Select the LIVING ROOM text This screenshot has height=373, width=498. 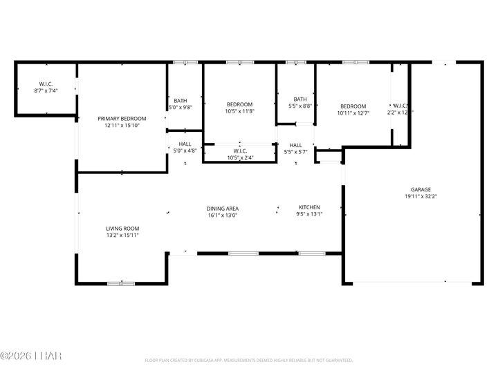(122, 229)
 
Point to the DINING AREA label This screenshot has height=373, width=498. (222, 208)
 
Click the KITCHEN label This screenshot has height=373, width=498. (310, 207)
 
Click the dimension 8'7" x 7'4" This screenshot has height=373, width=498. (46, 90)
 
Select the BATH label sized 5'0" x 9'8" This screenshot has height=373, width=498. (181, 100)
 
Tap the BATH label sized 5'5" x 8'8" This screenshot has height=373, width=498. (300, 99)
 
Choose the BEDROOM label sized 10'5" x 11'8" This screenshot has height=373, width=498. (239, 104)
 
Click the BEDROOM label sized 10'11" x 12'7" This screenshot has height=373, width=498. (353, 106)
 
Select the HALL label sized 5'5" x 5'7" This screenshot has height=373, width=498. (295, 145)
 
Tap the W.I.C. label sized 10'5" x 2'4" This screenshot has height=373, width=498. (240, 151)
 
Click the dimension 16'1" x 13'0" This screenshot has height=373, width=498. (222, 215)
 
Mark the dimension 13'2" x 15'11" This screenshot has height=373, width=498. (122, 236)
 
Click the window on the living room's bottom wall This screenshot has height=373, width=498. (120, 283)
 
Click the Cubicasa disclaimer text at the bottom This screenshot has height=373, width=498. (249, 360)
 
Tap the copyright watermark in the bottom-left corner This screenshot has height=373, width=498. (31, 356)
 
